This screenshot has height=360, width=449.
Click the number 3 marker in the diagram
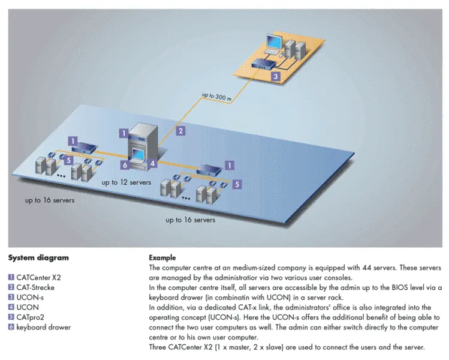point(276,76)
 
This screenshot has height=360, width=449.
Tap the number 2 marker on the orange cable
point(180,131)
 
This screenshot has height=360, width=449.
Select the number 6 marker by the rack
point(125,165)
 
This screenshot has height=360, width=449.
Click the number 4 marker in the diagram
point(153,163)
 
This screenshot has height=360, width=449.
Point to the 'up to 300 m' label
point(217,97)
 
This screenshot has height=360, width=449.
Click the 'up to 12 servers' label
point(126,182)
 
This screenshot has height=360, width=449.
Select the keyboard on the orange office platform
point(272,52)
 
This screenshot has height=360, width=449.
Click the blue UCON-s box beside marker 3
point(263,64)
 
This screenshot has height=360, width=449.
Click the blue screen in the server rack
point(138,154)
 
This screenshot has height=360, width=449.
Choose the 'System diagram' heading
point(38,257)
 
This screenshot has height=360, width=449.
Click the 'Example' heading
point(162,257)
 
